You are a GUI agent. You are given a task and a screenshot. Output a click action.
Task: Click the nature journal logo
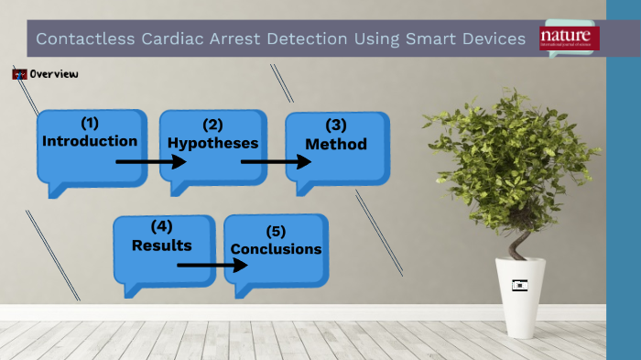[x=570, y=38]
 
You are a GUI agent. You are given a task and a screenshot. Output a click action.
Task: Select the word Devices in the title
[x=493, y=39]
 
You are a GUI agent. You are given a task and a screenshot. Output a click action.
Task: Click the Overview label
[x=53, y=73]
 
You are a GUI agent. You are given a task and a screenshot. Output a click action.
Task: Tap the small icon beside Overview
[x=19, y=73]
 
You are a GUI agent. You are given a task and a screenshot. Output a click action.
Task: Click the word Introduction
[x=90, y=141]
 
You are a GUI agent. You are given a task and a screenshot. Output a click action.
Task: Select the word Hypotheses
[x=212, y=143]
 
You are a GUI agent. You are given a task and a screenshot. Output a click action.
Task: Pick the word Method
[x=336, y=144]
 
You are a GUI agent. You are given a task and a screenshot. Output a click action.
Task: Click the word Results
[x=161, y=245]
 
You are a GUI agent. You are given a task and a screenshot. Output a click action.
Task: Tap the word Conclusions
[x=276, y=248]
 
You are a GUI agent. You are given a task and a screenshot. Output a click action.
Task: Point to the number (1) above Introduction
[x=89, y=122]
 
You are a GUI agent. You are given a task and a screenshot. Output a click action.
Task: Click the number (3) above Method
[x=336, y=125]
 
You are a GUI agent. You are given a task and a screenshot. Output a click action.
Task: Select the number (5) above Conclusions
[x=276, y=230]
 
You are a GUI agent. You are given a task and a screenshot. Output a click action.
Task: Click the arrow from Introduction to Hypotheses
[x=151, y=161]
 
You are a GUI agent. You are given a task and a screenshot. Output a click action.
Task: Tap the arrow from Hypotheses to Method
[x=276, y=163]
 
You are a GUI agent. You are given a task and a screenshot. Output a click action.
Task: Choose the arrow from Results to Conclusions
[x=212, y=265]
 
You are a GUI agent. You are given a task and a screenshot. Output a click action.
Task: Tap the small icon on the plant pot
[x=521, y=285]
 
